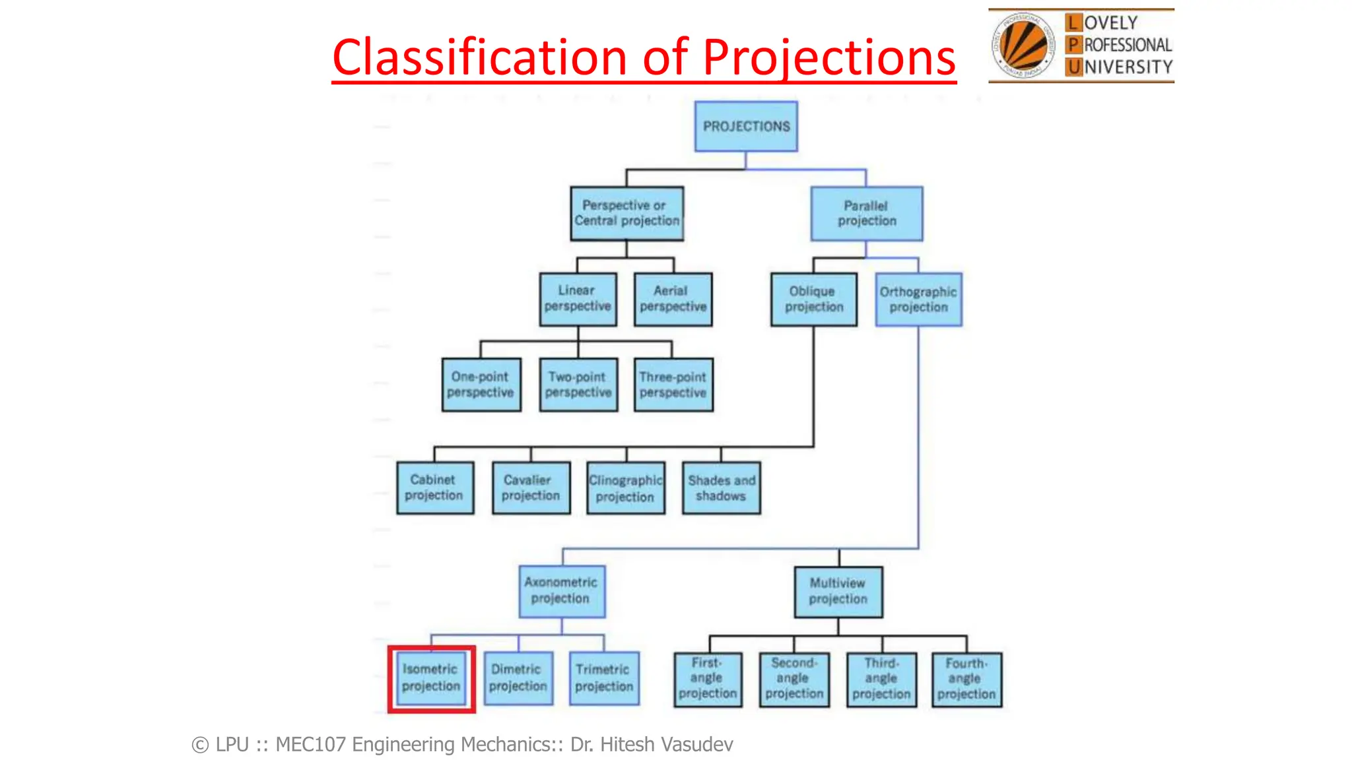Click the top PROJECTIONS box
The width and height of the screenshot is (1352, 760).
pyautogui.click(x=746, y=126)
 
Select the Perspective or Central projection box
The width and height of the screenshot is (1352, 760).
pyautogui.click(x=626, y=213)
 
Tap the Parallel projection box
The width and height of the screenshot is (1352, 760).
pyautogui.click(x=867, y=213)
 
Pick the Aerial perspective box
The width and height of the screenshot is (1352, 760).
pyautogui.click(x=673, y=299)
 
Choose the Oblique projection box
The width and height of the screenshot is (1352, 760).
pyautogui.click(x=813, y=299)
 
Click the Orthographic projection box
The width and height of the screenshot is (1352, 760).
pyautogui.click(x=918, y=300)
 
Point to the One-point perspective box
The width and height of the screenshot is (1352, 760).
pyautogui.click(x=481, y=385)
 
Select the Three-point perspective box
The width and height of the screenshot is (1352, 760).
pyautogui.click(x=673, y=385)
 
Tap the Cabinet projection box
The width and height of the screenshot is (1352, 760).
pyautogui.click(x=434, y=488)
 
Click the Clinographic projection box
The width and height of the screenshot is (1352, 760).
pyautogui.click(x=625, y=488)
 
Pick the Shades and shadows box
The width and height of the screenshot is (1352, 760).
pyautogui.click(x=721, y=488)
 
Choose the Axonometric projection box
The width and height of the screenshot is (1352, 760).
pyautogui.click(x=561, y=590)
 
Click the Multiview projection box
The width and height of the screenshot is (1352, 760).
pyautogui.click(x=838, y=591)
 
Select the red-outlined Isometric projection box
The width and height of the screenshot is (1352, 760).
pyautogui.click(x=431, y=678)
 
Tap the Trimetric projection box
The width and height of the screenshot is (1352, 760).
pyautogui.click(x=604, y=678)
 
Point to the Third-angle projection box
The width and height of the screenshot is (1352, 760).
pyautogui.click(x=881, y=679)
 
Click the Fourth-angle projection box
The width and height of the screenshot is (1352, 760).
pyautogui.click(x=966, y=679)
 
